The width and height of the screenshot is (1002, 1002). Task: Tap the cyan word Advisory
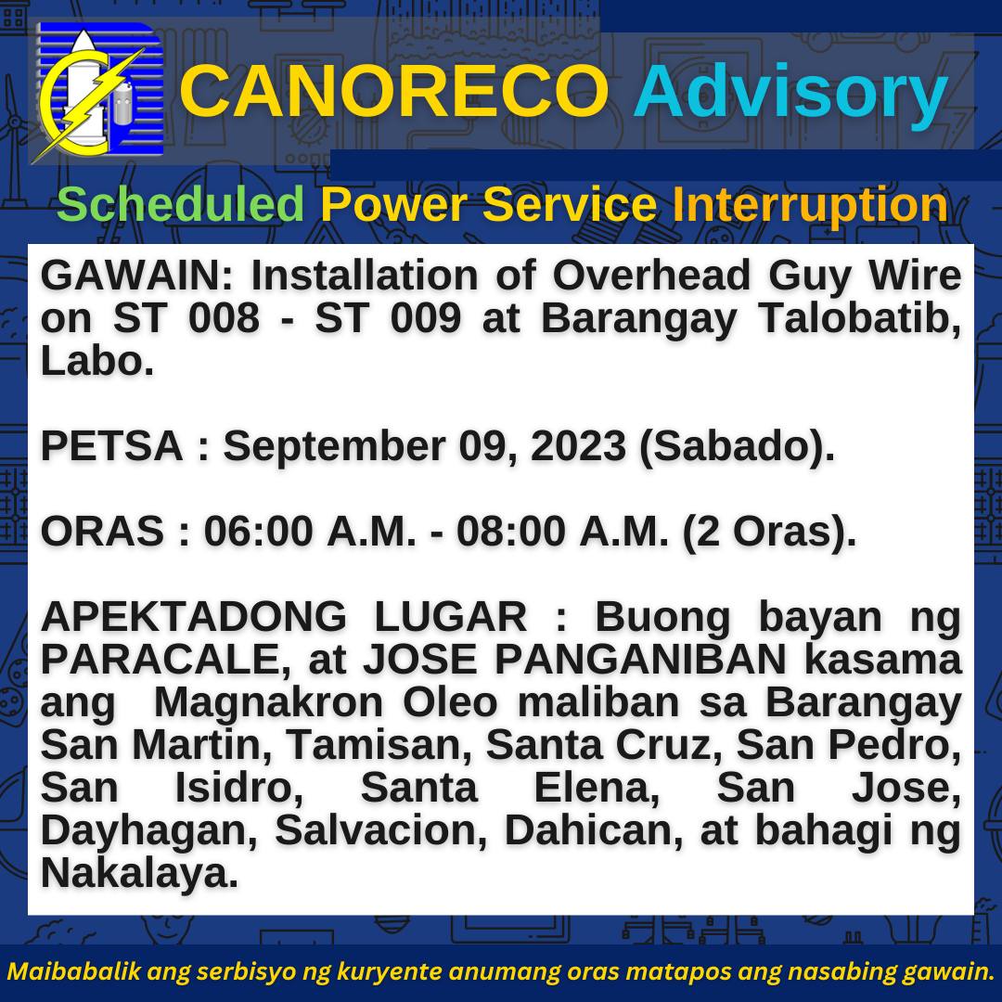tap(790, 95)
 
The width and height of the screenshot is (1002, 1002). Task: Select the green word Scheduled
tap(180, 204)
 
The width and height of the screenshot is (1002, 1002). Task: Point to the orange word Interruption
tap(810, 205)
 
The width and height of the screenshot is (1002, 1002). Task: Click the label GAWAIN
tap(130, 276)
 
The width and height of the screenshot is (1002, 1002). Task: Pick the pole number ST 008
tap(186, 317)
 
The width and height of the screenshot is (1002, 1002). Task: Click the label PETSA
tap(112, 446)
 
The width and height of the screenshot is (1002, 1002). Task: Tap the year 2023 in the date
tap(578, 446)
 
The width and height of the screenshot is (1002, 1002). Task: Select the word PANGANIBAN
tap(640, 660)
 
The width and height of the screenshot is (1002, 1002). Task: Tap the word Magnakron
tap(268, 703)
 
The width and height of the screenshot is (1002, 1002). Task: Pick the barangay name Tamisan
tap(379, 745)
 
